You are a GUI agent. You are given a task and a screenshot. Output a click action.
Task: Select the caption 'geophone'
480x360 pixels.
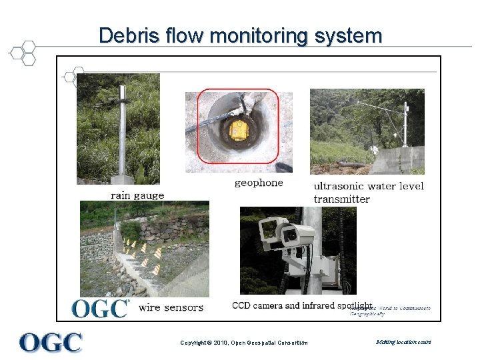[x=259, y=183]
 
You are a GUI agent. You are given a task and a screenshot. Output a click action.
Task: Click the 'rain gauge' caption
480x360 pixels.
[x=137, y=195]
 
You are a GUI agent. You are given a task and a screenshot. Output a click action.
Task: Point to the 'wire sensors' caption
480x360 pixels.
[x=171, y=307]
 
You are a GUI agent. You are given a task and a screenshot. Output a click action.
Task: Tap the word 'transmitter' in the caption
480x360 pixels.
[x=341, y=199]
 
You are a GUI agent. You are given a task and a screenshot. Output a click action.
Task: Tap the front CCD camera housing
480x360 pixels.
[x=297, y=234]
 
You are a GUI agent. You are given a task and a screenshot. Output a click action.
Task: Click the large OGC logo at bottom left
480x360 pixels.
[x=51, y=342]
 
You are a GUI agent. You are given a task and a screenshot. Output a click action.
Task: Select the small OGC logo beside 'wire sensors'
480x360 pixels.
[x=100, y=308]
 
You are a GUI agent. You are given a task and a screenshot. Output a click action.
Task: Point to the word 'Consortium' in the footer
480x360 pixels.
[x=291, y=343]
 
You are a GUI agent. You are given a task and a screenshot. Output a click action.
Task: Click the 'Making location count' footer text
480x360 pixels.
[x=403, y=342]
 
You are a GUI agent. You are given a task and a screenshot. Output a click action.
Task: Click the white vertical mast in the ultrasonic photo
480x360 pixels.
[x=405, y=127]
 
